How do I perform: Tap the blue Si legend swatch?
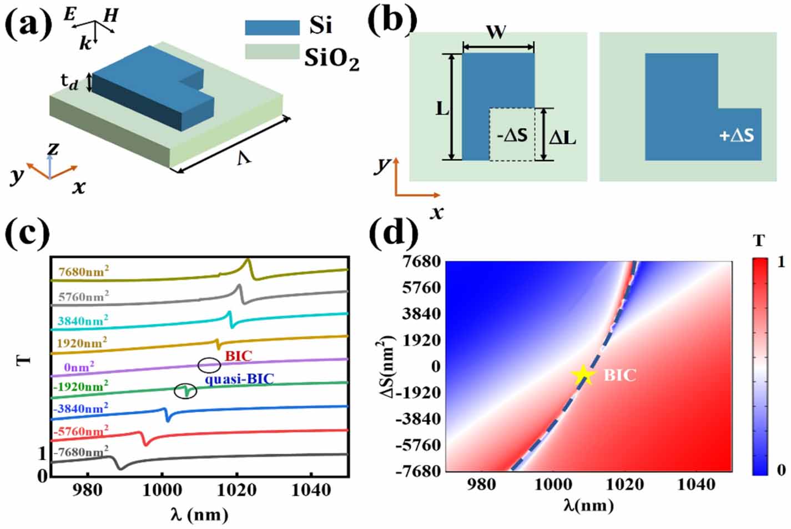(x=272, y=27)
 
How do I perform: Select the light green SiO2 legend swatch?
(x=272, y=52)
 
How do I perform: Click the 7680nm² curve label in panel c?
(x=83, y=271)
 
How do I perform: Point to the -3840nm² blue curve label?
(x=80, y=409)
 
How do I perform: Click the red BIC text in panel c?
(x=238, y=356)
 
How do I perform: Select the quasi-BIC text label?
(x=239, y=379)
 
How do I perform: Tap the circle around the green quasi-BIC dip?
(x=185, y=391)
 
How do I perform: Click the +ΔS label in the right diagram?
(x=737, y=135)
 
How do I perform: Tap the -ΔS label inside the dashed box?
(x=511, y=135)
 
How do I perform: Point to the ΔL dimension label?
(x=562, y=137)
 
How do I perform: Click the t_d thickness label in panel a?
(x=69, y=82)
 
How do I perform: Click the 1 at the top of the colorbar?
(x=781, y=261)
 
